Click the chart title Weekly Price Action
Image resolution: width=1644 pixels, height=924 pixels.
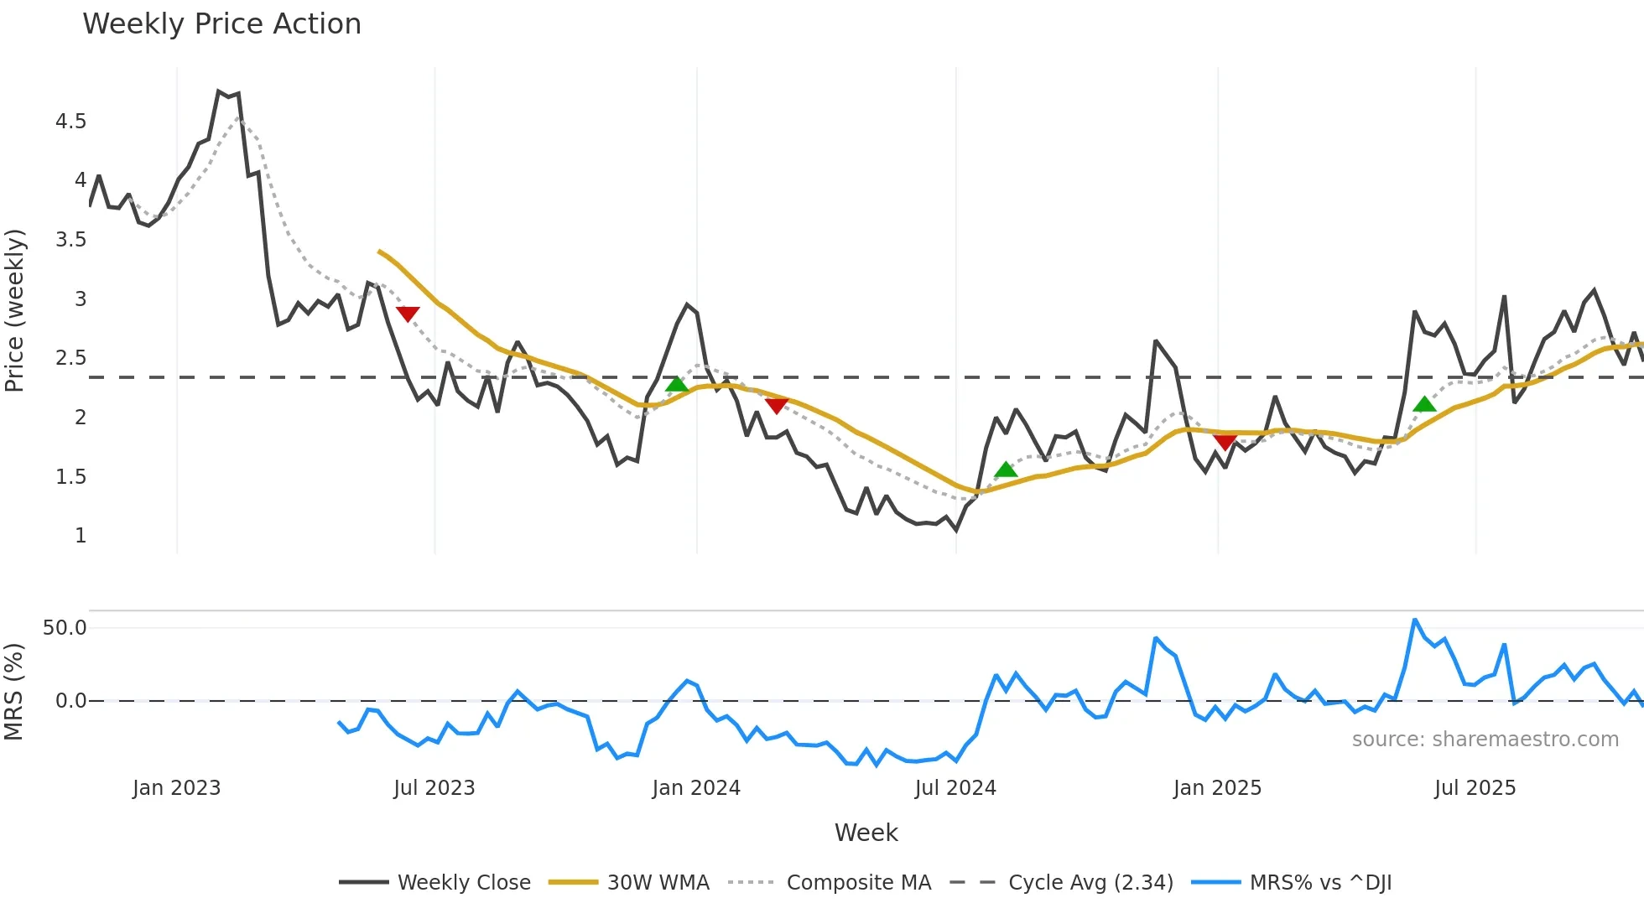(x=221, y=24)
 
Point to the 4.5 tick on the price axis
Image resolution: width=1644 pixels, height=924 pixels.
(x=71, y=122)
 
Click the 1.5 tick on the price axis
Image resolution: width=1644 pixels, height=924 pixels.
(x=71, y=477)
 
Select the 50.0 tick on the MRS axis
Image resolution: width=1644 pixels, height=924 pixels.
(x=65, y=628)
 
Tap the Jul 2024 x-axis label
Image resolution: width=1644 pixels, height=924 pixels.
(x=955, y=788)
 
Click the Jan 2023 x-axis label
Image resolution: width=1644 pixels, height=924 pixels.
(x=176, y=788)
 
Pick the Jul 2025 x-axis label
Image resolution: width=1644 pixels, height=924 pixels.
(x=1475, y=788)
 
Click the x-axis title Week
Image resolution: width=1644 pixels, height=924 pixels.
(x=866, y=833)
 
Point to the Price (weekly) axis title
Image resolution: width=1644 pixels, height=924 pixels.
(x=14, y=310)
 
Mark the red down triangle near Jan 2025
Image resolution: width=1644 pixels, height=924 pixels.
(x=1225, y=442)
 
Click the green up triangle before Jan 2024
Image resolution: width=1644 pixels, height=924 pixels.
(x=676, y=385)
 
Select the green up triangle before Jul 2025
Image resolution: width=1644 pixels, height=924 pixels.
(x=1424, y=405)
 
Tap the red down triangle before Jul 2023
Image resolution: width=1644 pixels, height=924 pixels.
(x=408, y=314)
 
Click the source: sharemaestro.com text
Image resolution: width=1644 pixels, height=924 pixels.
(x=1485, y=740)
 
